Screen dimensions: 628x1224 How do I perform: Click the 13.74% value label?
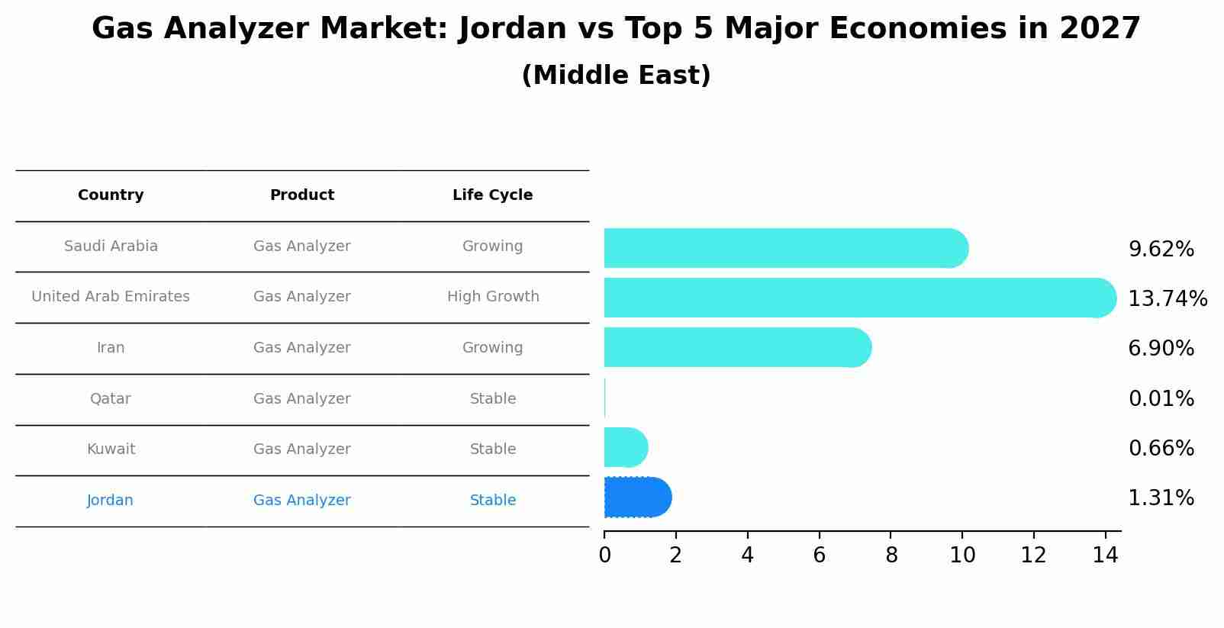(1167, 298)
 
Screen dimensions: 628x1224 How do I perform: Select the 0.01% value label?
(1161, 398)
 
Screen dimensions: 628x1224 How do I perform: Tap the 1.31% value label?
(1161, 498)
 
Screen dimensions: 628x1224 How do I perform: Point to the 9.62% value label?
(1161, 250)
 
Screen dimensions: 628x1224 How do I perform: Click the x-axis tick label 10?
(962, 556)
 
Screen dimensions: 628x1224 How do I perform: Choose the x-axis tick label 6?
(819, 556)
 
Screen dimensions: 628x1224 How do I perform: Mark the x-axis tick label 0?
(604, 556)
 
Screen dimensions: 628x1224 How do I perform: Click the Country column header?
(111, 195)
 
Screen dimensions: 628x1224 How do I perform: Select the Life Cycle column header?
(492, 195)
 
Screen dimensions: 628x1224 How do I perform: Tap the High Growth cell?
(492, 297)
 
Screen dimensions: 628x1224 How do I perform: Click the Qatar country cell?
(111, 399)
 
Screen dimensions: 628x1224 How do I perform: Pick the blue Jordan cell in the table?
(111, 501)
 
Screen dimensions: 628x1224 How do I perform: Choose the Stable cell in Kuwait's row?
(492, 449)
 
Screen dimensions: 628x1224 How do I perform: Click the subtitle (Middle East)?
(616, 76)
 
